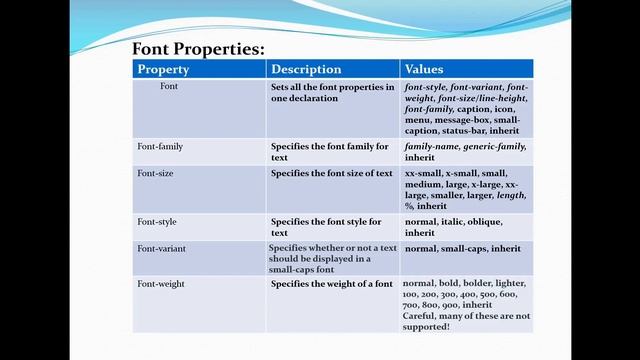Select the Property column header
(163, 69)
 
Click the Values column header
(424, 69)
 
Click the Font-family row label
(160, 146)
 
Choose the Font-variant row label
(161, 247)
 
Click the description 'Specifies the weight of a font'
(333, 284)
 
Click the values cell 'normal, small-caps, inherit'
(462, 247)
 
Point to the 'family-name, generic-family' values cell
(465, 146)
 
